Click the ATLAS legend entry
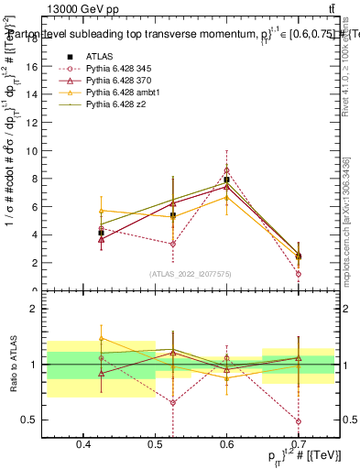(x=99, y=57)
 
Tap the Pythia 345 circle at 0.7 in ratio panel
(x=298, y=421)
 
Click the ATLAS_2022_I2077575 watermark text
(x=190, y=273)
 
